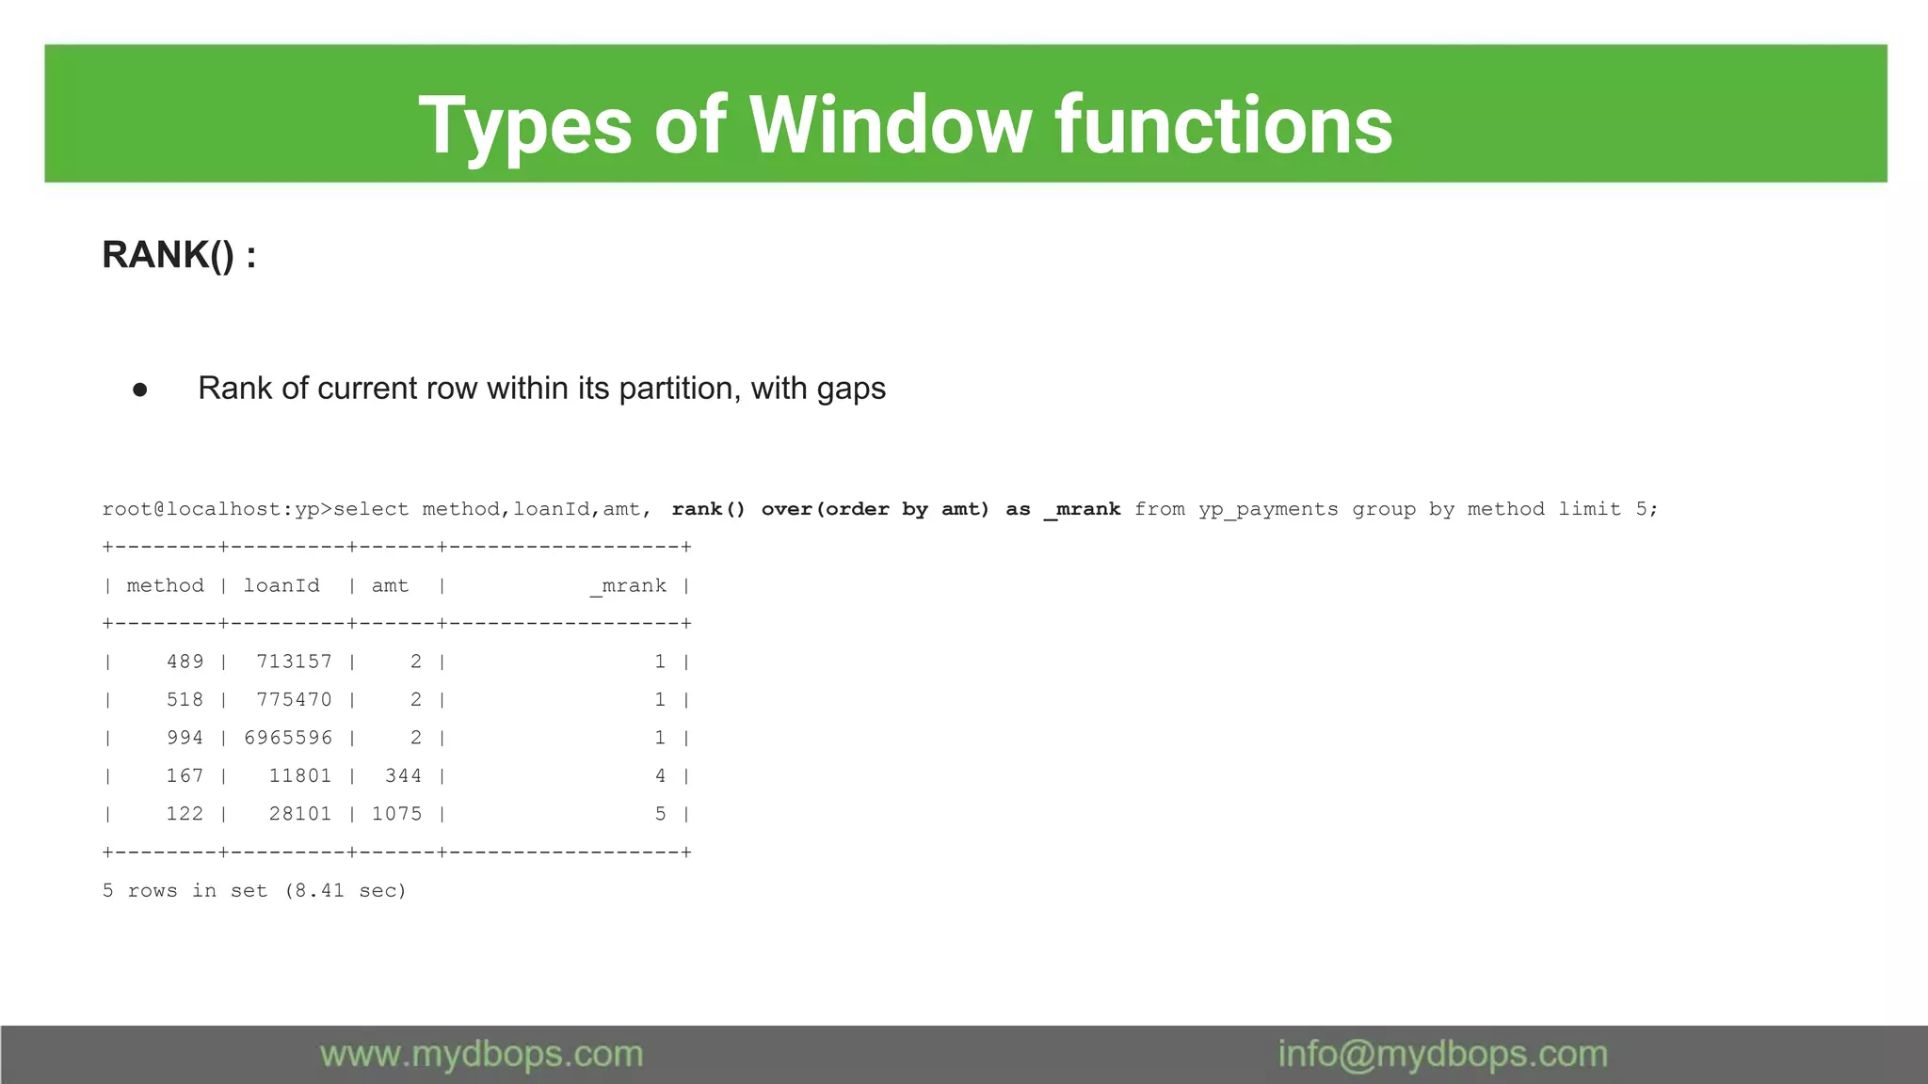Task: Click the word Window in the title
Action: [x=890, y=125]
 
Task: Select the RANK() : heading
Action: [x=179, y=255]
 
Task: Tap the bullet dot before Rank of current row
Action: [x=140, y=389]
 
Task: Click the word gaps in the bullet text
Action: [x=851, y=389]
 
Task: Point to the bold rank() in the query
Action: [x=708, y=509]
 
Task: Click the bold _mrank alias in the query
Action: [x=1082, y=509]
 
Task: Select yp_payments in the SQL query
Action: [x=1268, y=509]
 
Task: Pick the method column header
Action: [x=165, y=585]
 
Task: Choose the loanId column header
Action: [x=281, y=585]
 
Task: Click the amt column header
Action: [x=390, y=585]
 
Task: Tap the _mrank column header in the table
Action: [x=628, y=585]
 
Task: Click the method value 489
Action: [x=185, y=662]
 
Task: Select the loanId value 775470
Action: [x=294, y=699]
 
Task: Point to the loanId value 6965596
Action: [x=288, y=738]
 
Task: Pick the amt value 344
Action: [x=403, y=775]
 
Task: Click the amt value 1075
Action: [x=396, y=814]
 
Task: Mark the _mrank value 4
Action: [x=660, y=775]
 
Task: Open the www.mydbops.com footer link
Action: [x=481, y=1054]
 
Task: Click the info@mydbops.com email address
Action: [x=1442, y=1054]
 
